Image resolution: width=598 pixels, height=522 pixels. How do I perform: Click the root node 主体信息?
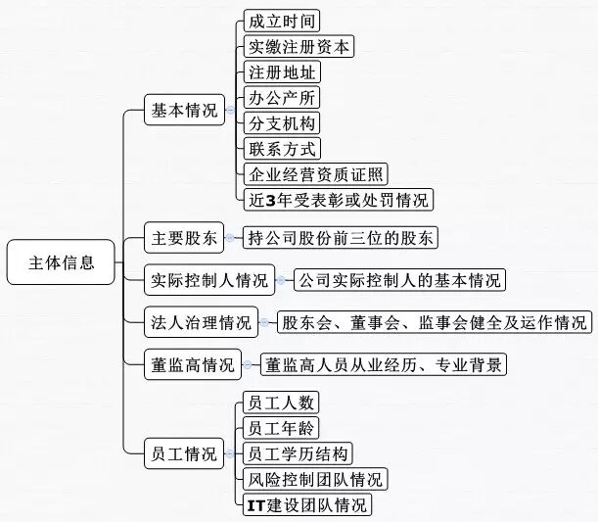(63, 262)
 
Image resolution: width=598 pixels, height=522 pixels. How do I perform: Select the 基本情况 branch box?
(184, 110)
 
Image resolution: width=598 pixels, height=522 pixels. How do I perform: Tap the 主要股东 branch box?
(184, 237)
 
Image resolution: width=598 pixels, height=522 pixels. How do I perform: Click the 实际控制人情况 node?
(209, 280)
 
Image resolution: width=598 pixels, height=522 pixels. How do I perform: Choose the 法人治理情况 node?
(201, 322)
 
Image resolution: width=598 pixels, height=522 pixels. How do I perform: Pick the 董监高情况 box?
(193, 365)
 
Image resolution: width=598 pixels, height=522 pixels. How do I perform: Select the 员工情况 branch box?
(184, 453)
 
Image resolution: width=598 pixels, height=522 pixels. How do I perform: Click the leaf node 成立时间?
(284, 20)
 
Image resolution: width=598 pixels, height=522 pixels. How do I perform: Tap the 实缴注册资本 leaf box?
(299, 46)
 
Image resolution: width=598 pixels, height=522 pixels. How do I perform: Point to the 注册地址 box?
(284, 71)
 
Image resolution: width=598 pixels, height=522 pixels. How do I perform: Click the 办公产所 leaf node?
(284, 97)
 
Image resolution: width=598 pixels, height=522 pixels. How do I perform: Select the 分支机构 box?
(284, 122)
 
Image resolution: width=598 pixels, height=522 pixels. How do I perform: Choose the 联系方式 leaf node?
(284, 149)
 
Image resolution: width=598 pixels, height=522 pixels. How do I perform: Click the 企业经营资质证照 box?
(316, 174)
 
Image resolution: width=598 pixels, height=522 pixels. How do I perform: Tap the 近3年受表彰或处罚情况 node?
(339, 200)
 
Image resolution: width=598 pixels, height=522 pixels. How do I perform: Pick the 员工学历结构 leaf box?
(299, 453)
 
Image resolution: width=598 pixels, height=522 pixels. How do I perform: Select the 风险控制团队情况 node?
(316, 479)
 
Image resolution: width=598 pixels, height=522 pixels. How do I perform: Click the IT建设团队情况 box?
(308, 505)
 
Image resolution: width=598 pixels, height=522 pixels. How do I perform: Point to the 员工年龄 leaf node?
(283, 427)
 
